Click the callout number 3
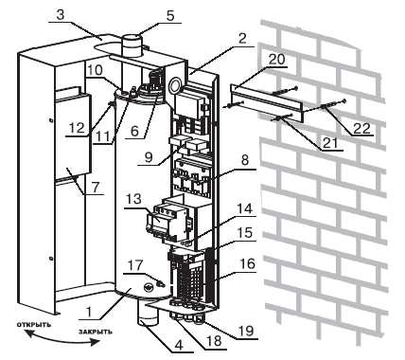point(61,14)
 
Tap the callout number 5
point(170,15)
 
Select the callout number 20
point(276,59)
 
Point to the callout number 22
point(361,128)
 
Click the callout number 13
point(133,199)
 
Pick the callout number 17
point(134,265)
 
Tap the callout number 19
point(246,331)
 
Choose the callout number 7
point(95,188)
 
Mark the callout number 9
point(149,157)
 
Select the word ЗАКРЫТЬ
point(96,332)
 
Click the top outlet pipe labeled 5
point(132,45)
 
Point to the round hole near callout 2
point(174,85)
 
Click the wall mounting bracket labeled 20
point(267,103)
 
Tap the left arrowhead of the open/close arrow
point(29,333)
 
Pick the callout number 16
point(247,263)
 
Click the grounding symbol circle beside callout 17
point(149,287)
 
